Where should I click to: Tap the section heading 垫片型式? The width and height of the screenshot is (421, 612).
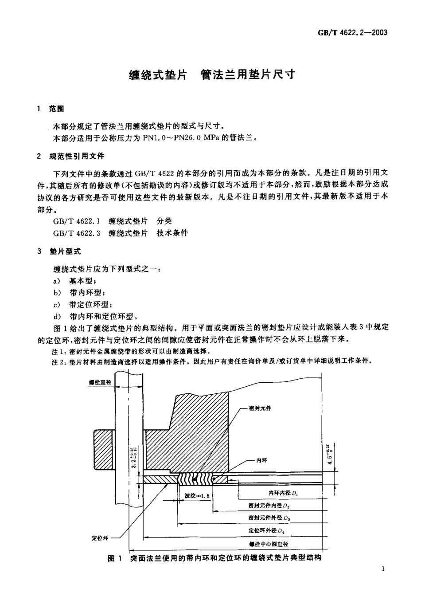(x=65, y=251)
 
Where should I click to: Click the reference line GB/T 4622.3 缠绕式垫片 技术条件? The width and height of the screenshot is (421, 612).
(x=120, y=233)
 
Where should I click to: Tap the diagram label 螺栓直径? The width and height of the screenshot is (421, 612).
(x=100, y=382)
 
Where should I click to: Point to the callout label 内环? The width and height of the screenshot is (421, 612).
(x=261, y=460)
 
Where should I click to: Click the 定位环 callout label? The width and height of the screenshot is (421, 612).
(x=100, y=538)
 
